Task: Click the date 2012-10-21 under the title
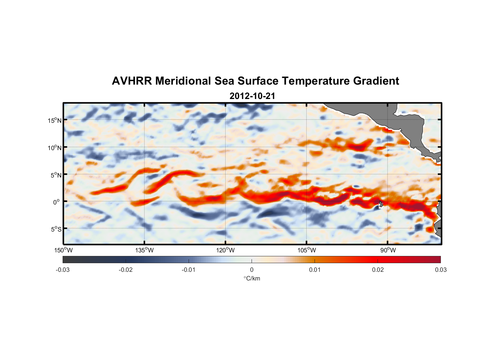click(x=252, y=96)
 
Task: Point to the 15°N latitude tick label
click(x=55, y=120)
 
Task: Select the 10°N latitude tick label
click(x=55, y=148)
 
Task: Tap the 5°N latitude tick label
click(x=56, y=175)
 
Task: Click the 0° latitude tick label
click(x=57, y=202)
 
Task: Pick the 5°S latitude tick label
click(x=56, y=229)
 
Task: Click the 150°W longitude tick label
click(x=63, y=250)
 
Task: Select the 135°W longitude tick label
click(x=144, y=250)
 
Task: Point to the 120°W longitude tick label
click(x=225, y=250)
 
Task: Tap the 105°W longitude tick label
click(x=307, y=250)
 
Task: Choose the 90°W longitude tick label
click(x=388, y=250)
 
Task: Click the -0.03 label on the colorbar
click(x=63, y=270)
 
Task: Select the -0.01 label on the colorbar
click(x=189, y=270)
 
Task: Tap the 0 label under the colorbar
click(x=252, y=270)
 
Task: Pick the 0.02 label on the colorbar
click(x=378, y=270)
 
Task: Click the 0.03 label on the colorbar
click(x=440, y=270)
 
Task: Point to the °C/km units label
click(x=252, y=278)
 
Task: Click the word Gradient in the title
click(x=376, y=81)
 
